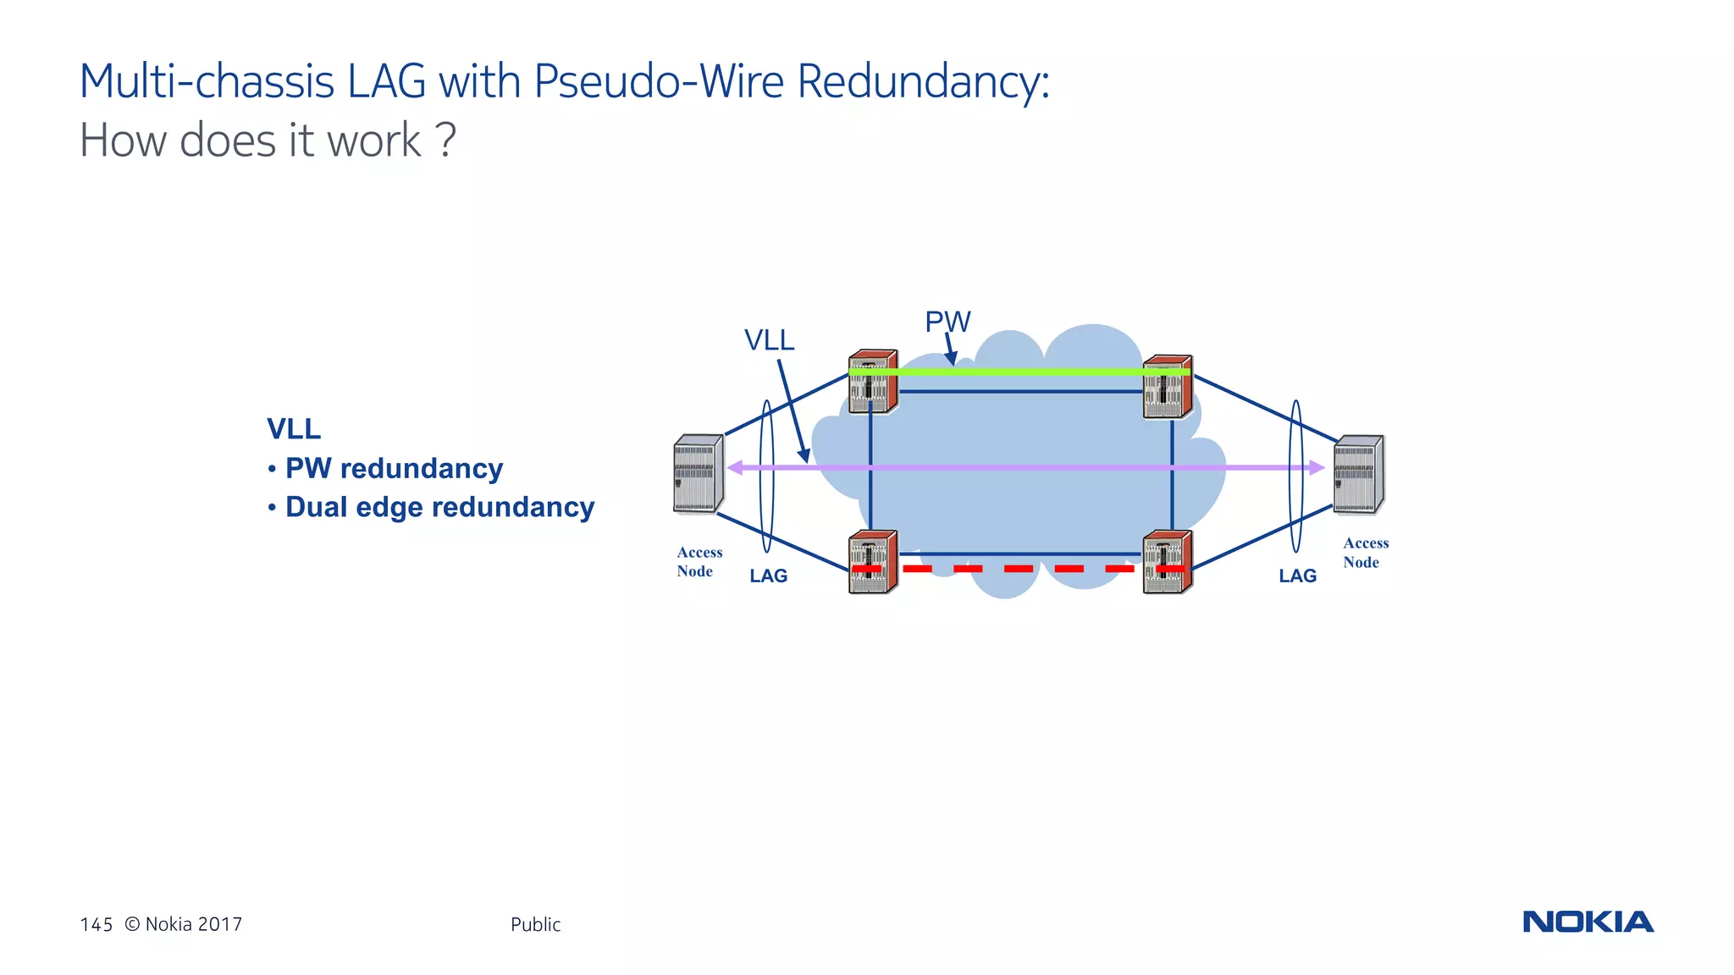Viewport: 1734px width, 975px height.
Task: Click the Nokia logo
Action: pyautogui.click(x=1588, y=922)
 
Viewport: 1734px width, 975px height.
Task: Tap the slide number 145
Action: pyautogui.click(x=97, y=924)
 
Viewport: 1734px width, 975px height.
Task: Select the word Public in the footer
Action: pyautogui.click(x=535, y=924)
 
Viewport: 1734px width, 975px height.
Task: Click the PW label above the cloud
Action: pyautogui.click(x=947, y=322)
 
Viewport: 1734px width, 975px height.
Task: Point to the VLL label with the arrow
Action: pyautogui.click(x=769, y=340)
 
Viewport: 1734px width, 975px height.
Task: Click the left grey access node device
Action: pyautogui.click(x=698, y=474)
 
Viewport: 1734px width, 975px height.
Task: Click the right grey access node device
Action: pyautogui.click(x=1358, y=474)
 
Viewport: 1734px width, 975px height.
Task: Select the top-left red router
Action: pyautogui.click(x=873, y=383)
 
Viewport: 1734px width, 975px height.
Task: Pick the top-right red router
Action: pyautogui.click(x=1167, y=388)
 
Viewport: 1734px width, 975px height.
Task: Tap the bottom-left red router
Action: pyautogui.click(x=873, y=562)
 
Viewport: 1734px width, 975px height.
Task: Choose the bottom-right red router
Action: pyautogui.click(x=1167, y=562)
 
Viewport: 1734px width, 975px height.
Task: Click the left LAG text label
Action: pyautogui.click(x=768, y=576)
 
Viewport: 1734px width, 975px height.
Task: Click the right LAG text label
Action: pyautogui.click(x=1297, y=576)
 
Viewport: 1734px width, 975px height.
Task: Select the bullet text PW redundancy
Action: pyautogui.click(x=394, y=468)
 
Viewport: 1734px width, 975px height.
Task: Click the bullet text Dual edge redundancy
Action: pyautogui.click(x=439, y=507)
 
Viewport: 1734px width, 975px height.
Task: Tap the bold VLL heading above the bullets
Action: pyautogui.click(x=294, y=429)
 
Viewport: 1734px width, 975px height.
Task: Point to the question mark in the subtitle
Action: pyautogui.click(x=447, y=140)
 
